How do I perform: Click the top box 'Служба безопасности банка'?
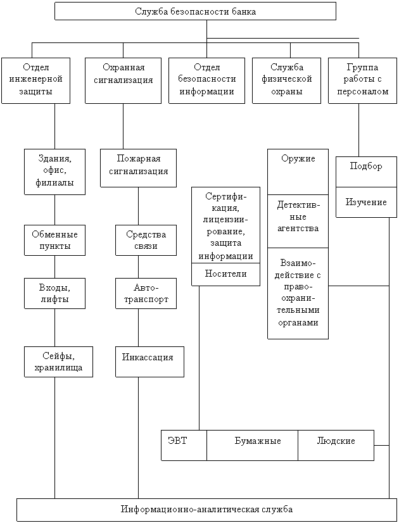(195, 11)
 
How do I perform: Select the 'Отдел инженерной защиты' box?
(35, 80)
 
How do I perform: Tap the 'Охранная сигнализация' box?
(123, 80)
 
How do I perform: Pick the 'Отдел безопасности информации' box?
(206, 80)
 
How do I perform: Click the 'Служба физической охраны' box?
(286, 80)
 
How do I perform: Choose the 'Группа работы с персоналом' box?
(363, 80)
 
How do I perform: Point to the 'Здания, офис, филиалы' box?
(54, 172)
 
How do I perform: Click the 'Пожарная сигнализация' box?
(139, 168)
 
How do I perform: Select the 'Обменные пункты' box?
(54, 240)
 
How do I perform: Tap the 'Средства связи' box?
(146, 240)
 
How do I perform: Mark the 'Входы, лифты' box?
(54, 293)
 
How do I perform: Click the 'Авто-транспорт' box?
(146, 293)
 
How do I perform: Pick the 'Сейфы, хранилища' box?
(58, 362)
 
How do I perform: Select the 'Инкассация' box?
(150, 362)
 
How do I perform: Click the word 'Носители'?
(226, 274)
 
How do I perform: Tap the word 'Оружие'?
(298, 158)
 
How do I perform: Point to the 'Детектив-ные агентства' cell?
(298, 221)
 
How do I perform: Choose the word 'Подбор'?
(366, 166)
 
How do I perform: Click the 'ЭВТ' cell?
(184, 445)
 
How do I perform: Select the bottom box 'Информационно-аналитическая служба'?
(206, 510)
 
